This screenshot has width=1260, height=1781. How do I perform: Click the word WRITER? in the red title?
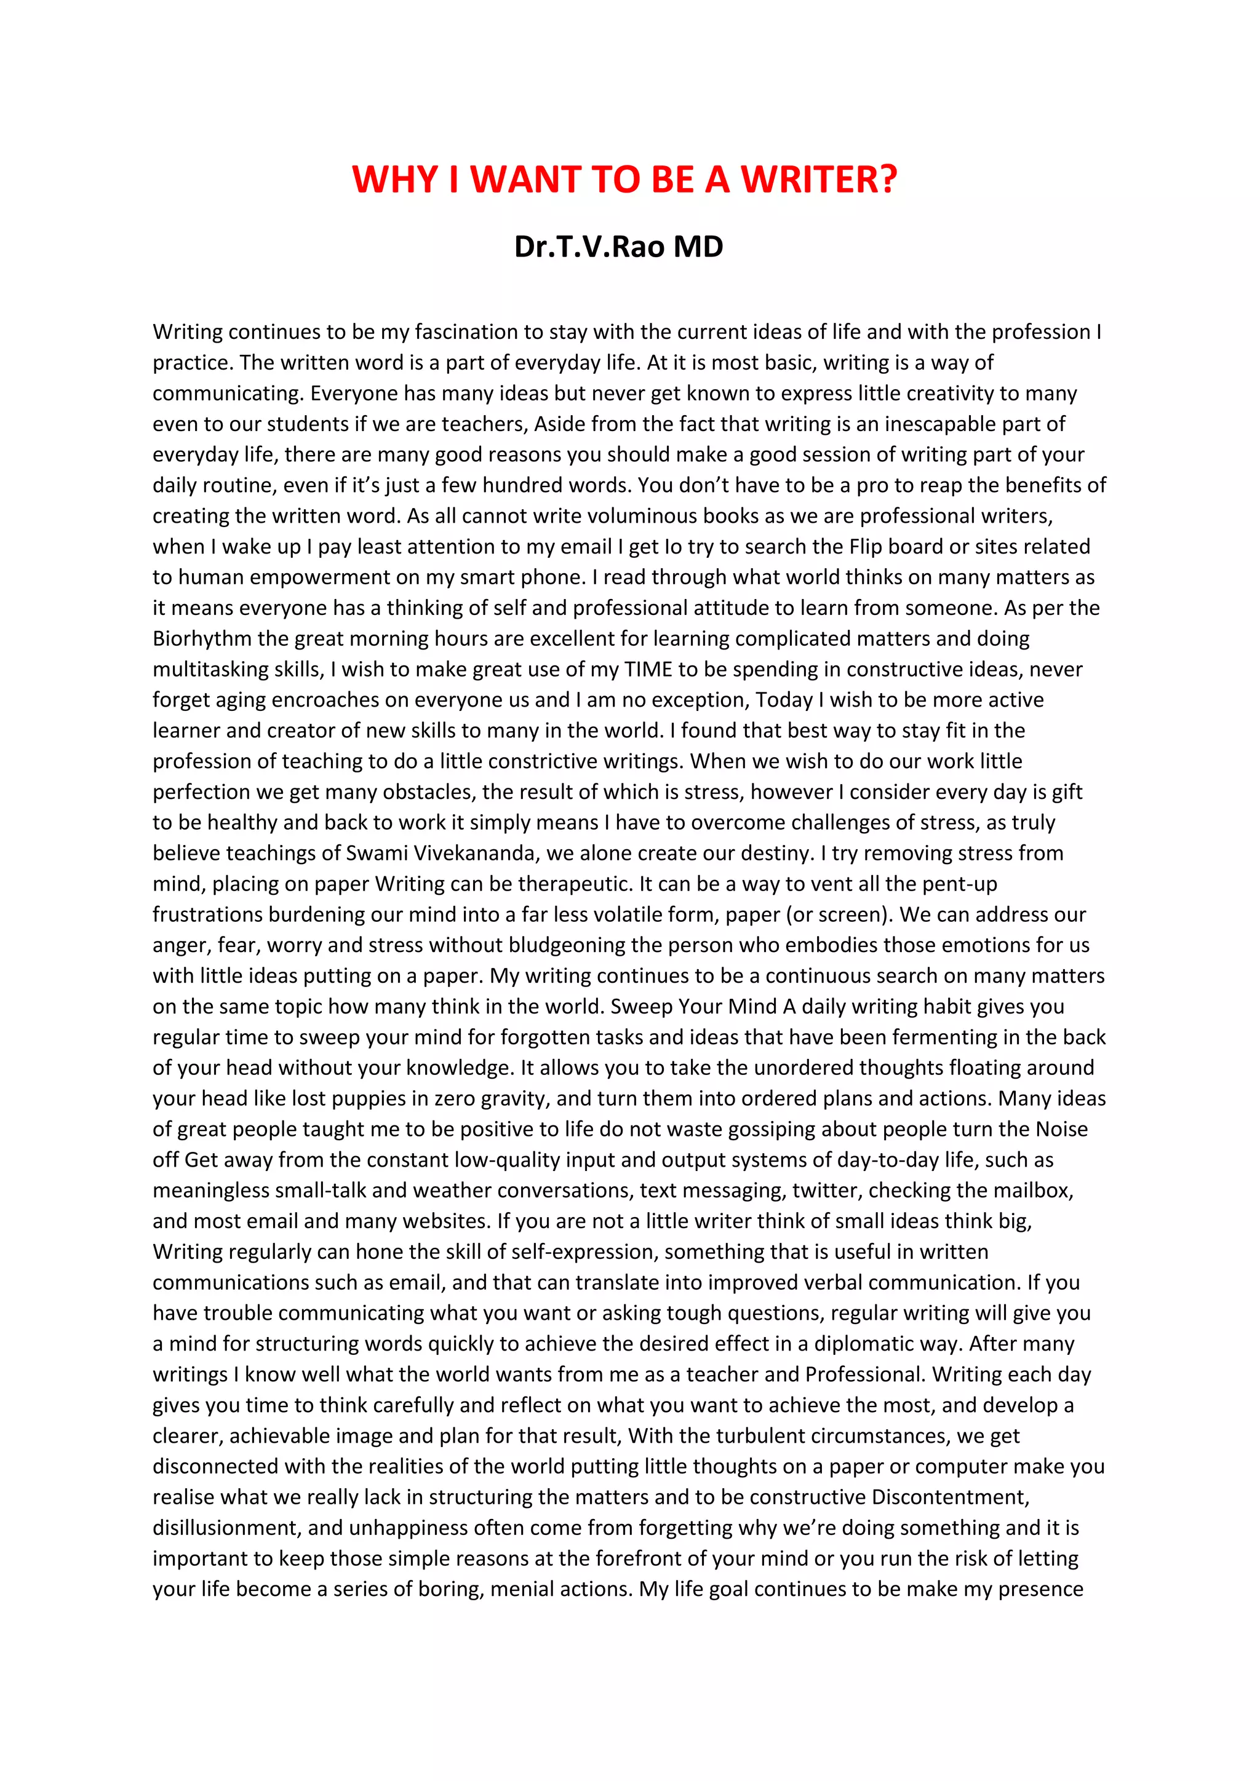pyautogui.click(x=818, y=180)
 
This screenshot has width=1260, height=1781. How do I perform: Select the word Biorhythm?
pyautogui.click(x=202, y=638)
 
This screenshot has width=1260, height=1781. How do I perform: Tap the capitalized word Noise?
pyautogui.click(x=1061, y=1129)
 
